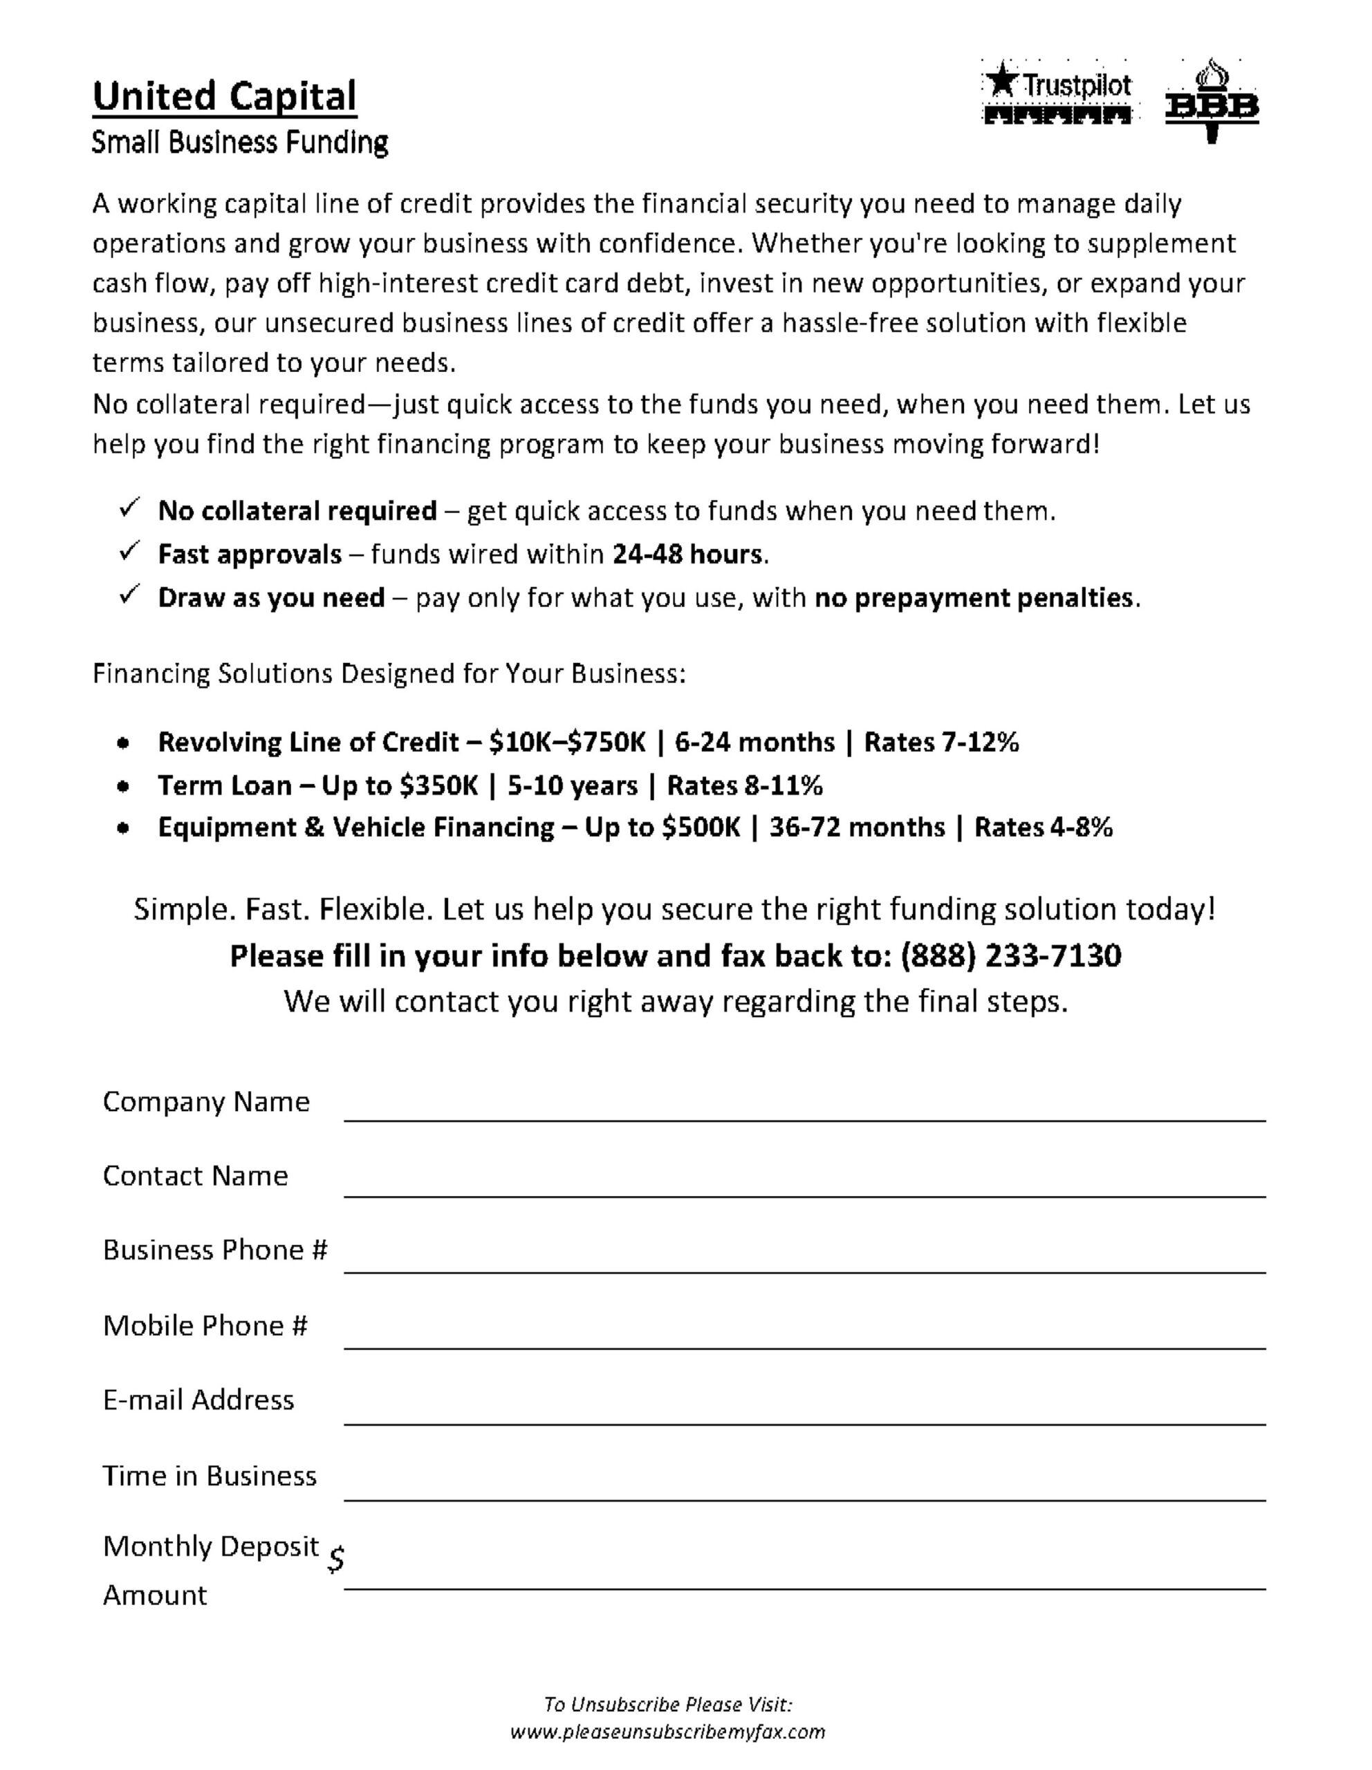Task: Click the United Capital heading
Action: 225,96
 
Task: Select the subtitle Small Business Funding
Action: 240,142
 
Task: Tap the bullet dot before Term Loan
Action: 122,786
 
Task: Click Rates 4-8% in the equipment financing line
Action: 1043,828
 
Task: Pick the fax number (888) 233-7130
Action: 1010,956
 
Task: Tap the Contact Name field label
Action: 195,1176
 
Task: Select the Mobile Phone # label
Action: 205,1326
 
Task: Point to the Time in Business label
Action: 209,1476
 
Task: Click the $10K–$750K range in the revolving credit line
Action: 568,743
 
